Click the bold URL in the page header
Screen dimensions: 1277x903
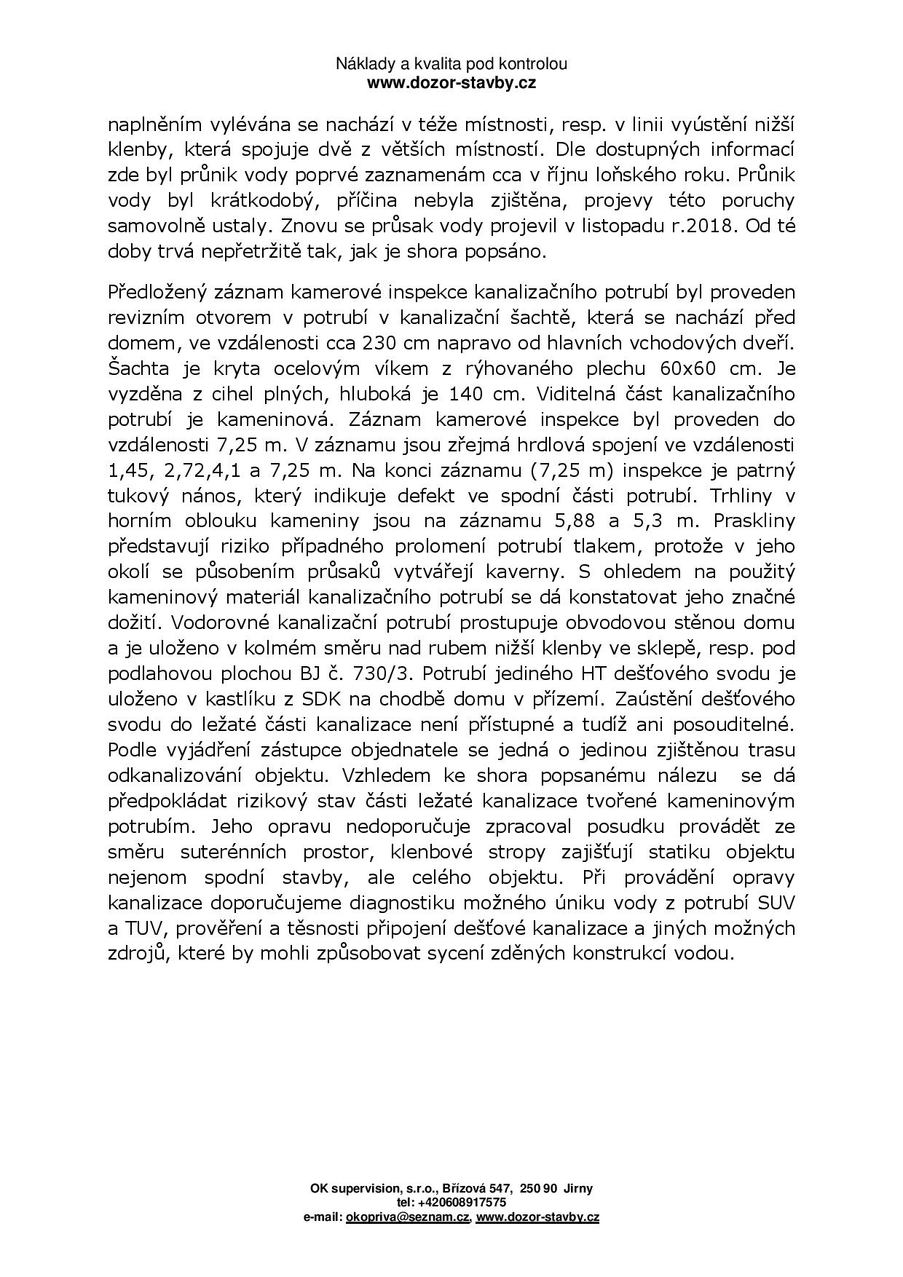[451, 83]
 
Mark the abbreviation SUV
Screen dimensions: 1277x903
[776, 903]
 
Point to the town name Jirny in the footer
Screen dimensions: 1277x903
[578, 1188]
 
